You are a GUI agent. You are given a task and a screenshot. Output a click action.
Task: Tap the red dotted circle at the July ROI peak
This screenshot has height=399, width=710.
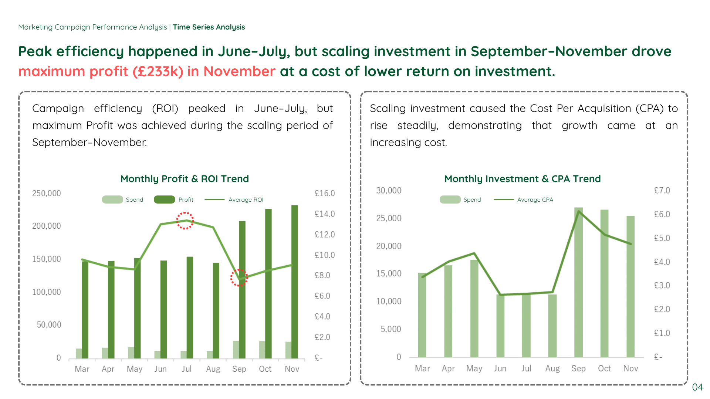click(185, 221)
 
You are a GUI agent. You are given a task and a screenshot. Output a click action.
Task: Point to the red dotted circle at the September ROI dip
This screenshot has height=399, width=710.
click(239, 277)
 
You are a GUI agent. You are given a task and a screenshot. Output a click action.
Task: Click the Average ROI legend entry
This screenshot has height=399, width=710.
click(246, 199)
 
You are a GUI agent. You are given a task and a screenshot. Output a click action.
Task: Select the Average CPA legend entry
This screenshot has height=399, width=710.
click(535, 199)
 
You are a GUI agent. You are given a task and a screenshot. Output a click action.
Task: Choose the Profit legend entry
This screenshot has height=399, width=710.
click(186, 199)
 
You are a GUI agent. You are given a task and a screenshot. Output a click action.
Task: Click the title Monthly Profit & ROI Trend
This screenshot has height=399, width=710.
click(185, 179)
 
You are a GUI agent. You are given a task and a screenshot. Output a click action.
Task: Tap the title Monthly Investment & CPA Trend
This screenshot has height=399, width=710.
click(522, 179)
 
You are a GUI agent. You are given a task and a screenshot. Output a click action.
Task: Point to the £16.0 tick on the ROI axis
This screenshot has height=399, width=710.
click(324, 193)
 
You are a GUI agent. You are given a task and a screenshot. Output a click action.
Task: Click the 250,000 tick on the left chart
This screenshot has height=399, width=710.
click(47, 193)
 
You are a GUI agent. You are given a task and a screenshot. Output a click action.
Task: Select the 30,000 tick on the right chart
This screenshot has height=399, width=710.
click(389, 190)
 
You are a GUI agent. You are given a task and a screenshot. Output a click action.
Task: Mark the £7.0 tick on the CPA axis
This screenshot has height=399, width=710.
click(662, 190)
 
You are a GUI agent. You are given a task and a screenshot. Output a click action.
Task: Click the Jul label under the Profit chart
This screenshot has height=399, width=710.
click(187, 369)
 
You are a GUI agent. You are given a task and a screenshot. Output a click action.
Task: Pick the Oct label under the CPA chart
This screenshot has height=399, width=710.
click(604, 368)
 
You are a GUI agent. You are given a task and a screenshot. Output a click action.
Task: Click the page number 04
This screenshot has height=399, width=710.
click(697, 387)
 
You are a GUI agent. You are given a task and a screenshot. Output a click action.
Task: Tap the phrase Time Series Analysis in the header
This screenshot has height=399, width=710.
click(209, 27)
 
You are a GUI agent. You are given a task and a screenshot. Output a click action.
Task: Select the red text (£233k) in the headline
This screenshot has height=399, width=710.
click(158, 71)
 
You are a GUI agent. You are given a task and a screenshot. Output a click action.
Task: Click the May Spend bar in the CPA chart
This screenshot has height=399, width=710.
click(474, 308)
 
